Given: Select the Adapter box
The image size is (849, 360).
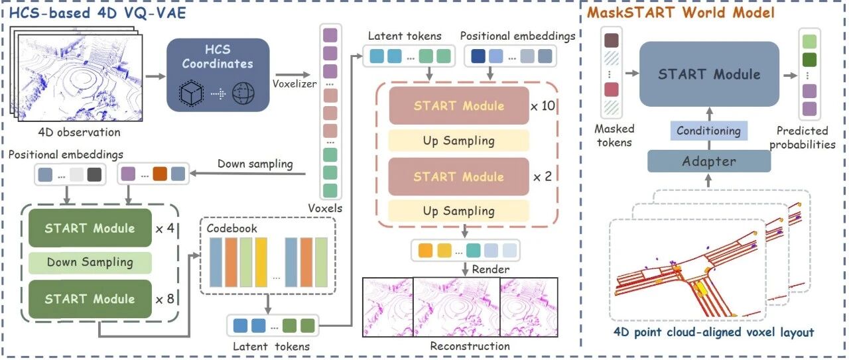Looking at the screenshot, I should coord(708,161).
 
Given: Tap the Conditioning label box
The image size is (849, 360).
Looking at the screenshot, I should coord(708,131).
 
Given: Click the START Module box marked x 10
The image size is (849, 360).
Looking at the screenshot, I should coord(458,105).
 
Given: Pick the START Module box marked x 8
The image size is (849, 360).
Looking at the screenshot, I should coord(90,299).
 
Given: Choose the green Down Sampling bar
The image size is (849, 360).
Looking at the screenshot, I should coord(90,263).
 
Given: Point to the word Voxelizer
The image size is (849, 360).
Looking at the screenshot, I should coord(294,84).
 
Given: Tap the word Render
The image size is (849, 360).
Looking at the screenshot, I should coord(491,269).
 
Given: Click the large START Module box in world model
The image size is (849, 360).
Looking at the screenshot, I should coord(708,74).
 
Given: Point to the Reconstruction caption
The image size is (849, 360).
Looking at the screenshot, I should coord(470,345).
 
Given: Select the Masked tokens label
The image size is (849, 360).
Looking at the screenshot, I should coord(615,135).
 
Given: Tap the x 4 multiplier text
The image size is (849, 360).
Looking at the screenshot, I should coord(166,228).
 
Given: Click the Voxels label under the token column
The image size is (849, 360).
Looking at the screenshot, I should coord(325,208).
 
